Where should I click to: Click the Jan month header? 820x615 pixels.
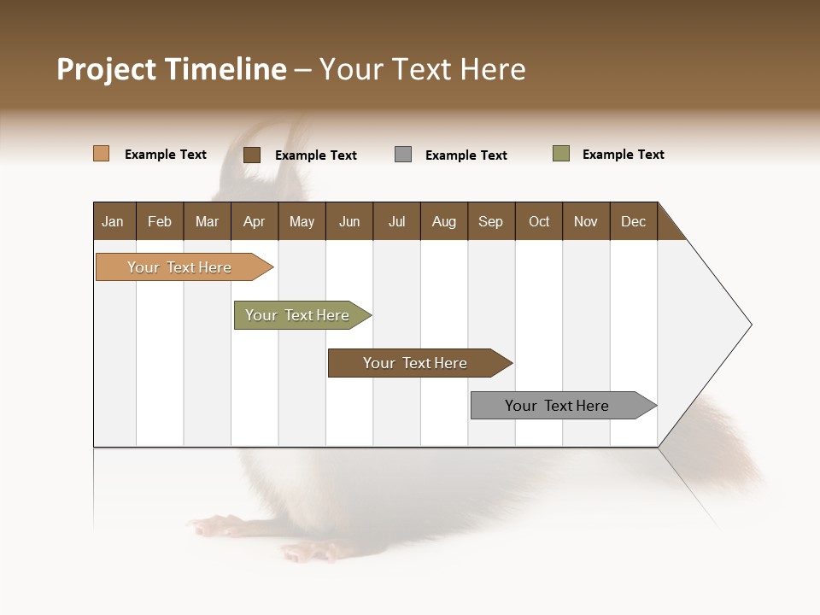click(114, 221)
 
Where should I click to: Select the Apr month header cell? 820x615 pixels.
click(255, 221)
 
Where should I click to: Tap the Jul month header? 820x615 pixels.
click(397, 221)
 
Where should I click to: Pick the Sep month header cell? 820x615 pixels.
click(491, 221)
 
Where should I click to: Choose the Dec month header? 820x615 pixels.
click(634, 221)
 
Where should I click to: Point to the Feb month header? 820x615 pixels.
click(160, 221)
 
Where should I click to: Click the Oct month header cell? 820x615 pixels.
click(539, 221)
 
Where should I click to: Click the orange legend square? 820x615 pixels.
click(102, 154)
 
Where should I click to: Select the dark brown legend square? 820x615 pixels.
click(252, 155)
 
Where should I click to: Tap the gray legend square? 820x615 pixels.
click(403, 155)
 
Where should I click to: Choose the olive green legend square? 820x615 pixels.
click(561, 154)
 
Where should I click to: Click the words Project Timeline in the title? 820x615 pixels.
click(172, 69)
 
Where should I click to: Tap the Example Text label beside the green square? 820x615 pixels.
click(624, 155)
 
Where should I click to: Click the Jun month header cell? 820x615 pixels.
click(349, 221)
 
